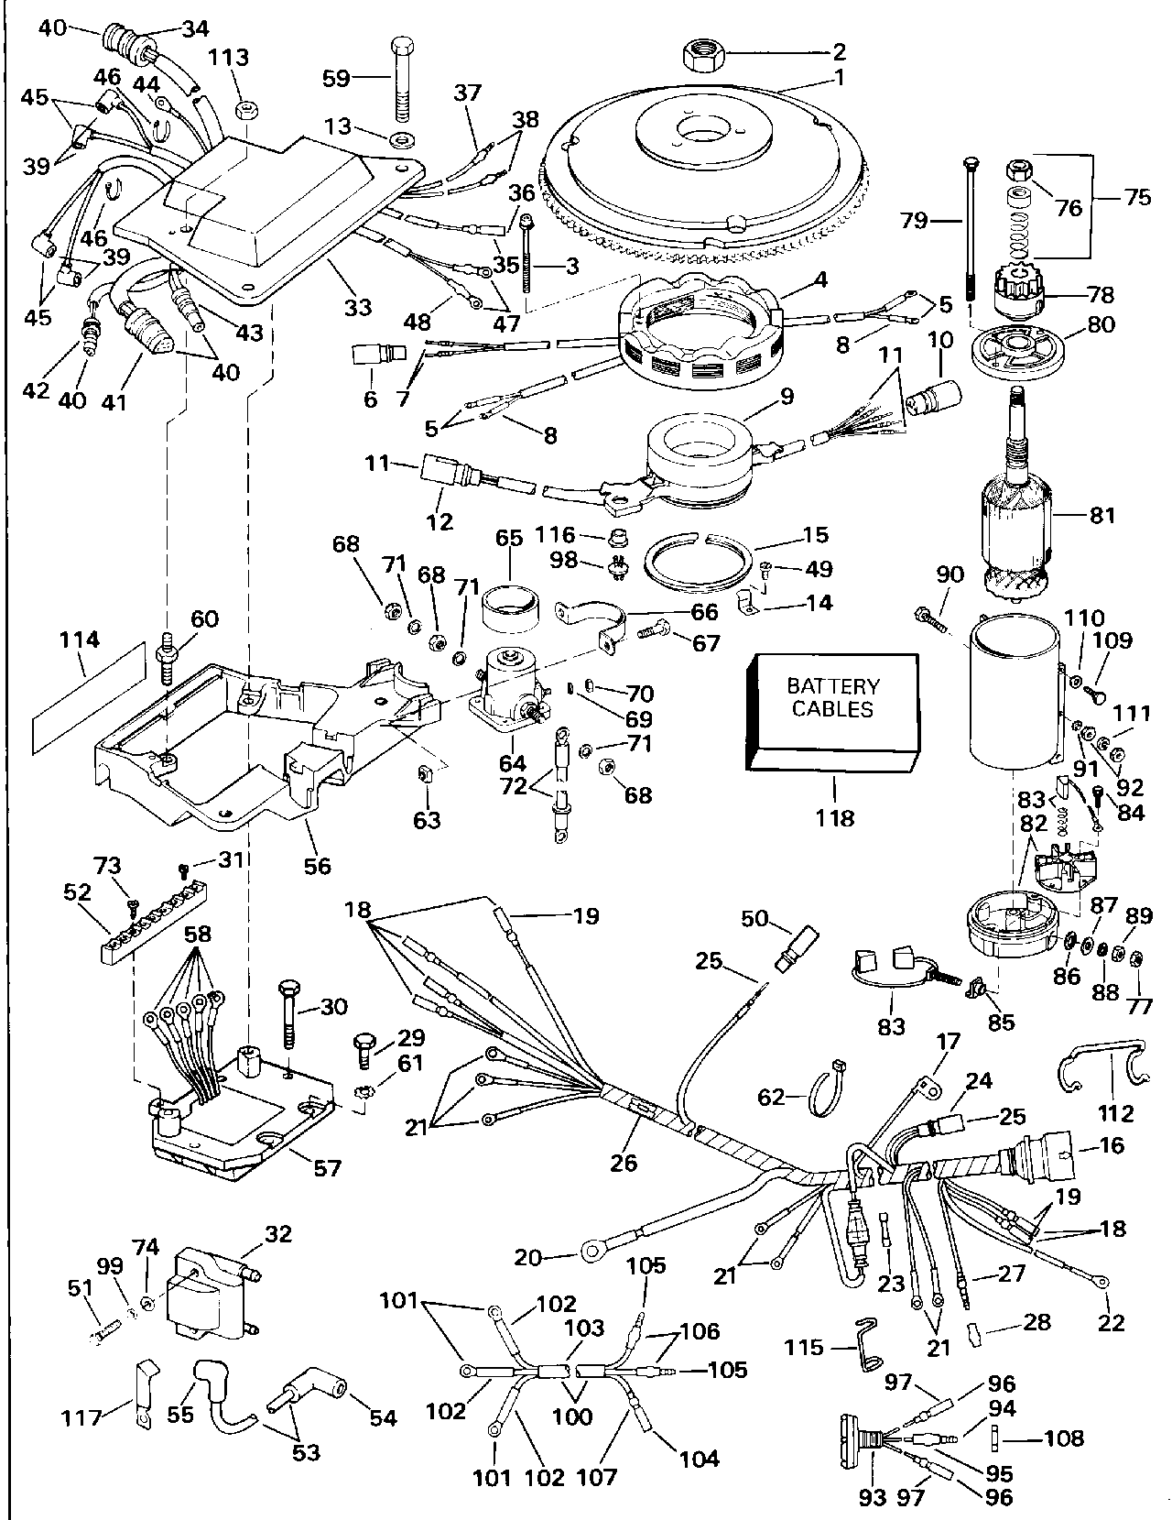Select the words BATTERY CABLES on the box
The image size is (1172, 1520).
click(x=833, y=697)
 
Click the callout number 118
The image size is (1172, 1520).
click(x=834, y=817)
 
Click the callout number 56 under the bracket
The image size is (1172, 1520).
click(x=317, y=865)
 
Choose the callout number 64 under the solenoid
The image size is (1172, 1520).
click(x=512, y=762)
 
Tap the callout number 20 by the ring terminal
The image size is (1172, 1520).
click(x=528, y=1258)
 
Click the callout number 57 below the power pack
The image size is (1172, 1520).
click(x=326, y=1167)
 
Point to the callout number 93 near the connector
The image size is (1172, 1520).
click(x=874, y=1497)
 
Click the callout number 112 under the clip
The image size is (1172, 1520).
click(x=1115, y=1113)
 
